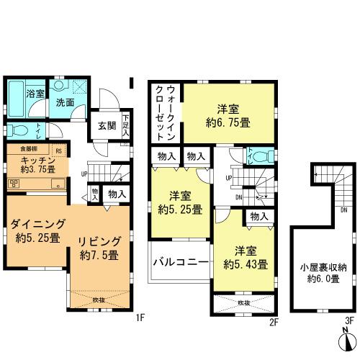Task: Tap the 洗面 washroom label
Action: coord(65,102)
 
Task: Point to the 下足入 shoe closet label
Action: coord(125,125)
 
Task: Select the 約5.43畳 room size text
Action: coord(246,264)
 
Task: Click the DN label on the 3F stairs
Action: coord(343,211)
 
